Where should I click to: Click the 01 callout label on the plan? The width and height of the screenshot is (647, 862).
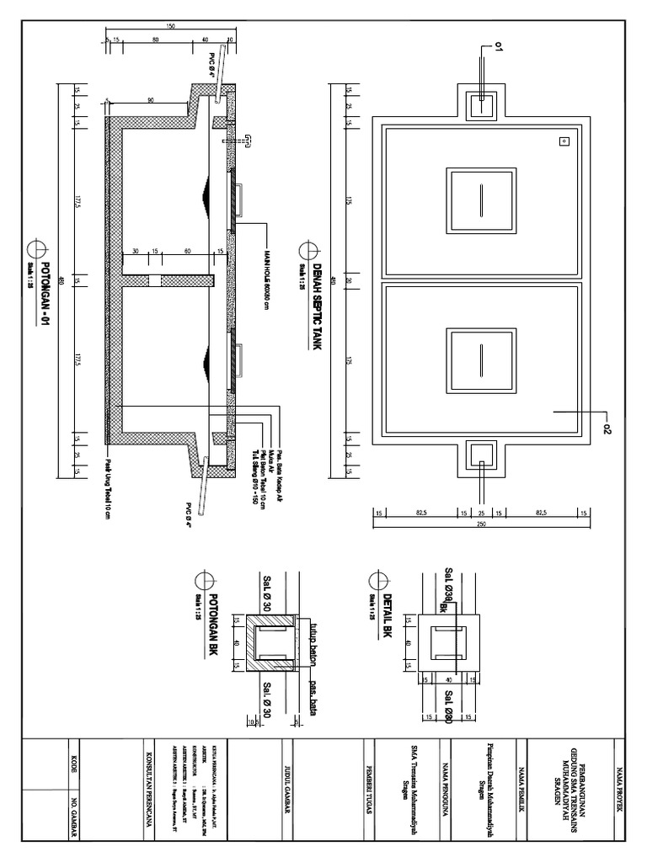click(499, 50)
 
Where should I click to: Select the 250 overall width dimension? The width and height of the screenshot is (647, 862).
click(481, 526)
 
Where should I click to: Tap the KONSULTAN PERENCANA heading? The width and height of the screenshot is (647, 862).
click(149, 787)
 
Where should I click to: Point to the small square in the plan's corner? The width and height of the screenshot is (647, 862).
click(564, 141)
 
